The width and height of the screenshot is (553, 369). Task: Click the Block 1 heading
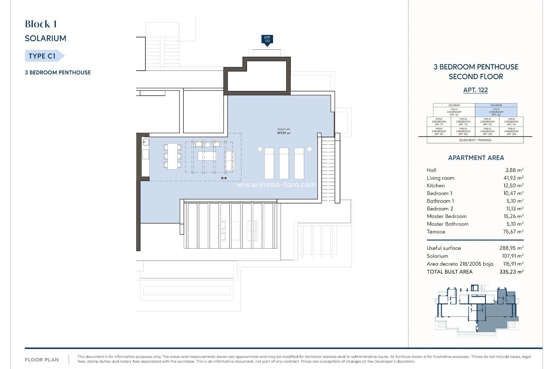(41, 24)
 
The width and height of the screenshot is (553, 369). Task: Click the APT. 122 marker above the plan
(267, 39)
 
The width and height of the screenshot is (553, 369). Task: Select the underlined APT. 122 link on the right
(476, 90)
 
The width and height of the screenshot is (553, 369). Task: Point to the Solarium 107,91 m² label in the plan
(284, 131)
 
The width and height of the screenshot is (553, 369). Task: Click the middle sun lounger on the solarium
(284, 163)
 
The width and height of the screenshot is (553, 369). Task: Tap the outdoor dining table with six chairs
(173, 156)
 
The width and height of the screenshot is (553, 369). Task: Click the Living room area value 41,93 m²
(513, 178)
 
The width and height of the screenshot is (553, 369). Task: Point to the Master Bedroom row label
(446, 216)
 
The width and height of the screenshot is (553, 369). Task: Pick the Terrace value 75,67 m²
(513, 231)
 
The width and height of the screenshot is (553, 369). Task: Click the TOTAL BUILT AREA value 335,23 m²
(511, 272)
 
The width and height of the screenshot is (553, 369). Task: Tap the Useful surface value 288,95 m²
(511, 248)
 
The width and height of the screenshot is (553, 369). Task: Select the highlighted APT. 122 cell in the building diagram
(496, 110)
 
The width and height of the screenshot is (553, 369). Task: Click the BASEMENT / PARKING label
(475, 140)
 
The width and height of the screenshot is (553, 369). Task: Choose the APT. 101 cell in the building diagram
(439, 131)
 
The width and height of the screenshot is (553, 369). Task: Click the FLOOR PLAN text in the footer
(42, 360)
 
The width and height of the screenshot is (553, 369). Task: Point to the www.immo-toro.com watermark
(276, 184)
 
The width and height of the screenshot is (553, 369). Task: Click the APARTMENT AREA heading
(476, 158)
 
